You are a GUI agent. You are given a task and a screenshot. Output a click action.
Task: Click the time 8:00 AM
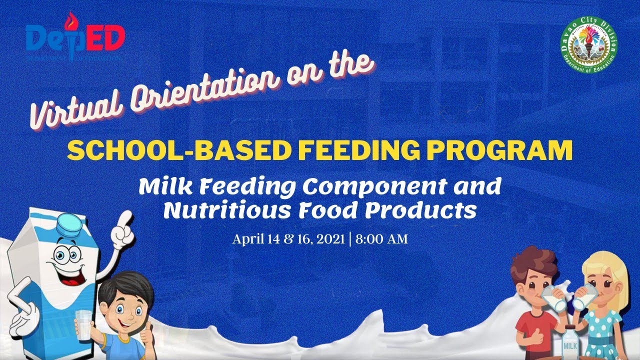383,239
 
